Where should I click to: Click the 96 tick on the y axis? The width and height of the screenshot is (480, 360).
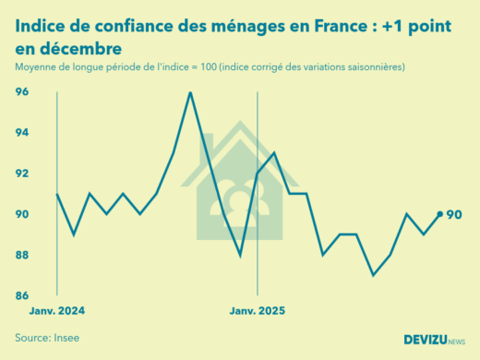[21, 92]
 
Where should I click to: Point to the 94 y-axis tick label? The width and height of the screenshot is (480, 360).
[21, 133]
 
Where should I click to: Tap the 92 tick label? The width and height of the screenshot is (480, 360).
[21, 174]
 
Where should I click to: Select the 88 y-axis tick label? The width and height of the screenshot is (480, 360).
[21, 255]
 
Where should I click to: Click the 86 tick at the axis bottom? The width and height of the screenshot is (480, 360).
[21, 295]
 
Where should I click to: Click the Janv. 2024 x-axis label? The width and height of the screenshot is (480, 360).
[58, 311]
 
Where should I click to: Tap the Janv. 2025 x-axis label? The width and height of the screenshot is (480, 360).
[257, 311]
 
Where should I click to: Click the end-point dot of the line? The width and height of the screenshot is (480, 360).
[439, 214]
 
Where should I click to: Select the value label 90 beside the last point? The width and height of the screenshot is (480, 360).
[454, 215]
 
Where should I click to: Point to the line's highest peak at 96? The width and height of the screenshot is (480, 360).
[189, 92]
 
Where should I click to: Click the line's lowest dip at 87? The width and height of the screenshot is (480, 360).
[373, 275]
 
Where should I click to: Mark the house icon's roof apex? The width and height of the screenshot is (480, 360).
[240, 124]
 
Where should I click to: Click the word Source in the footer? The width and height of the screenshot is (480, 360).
[33, 338]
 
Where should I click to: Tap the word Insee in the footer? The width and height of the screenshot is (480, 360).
[67, 338]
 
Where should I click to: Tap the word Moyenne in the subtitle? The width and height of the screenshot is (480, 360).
[38, 68]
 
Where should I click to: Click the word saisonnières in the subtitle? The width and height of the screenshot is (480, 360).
[373, 68]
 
